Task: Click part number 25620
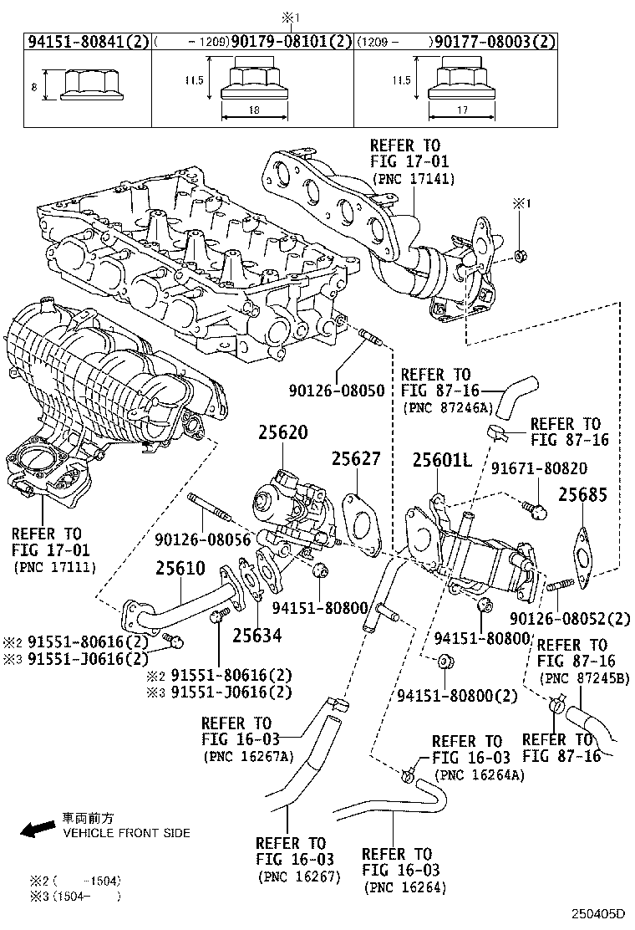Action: pyautogui.click(x=282, y=433)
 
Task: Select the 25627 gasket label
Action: pyautogui.click(x=355, y=458)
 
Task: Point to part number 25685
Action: pyautogui.click(x=582, y=494)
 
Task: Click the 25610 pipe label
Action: pyautogui.click(x=180, y=569)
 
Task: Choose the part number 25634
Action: pyautogui.click(x=257, y=636)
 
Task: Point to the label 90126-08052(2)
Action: pyautogui.click(x=571, y=619)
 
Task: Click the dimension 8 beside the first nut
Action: pyautogui.click(x=33, y=85)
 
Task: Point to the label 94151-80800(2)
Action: pyautogui.click(x=457, y=696)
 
